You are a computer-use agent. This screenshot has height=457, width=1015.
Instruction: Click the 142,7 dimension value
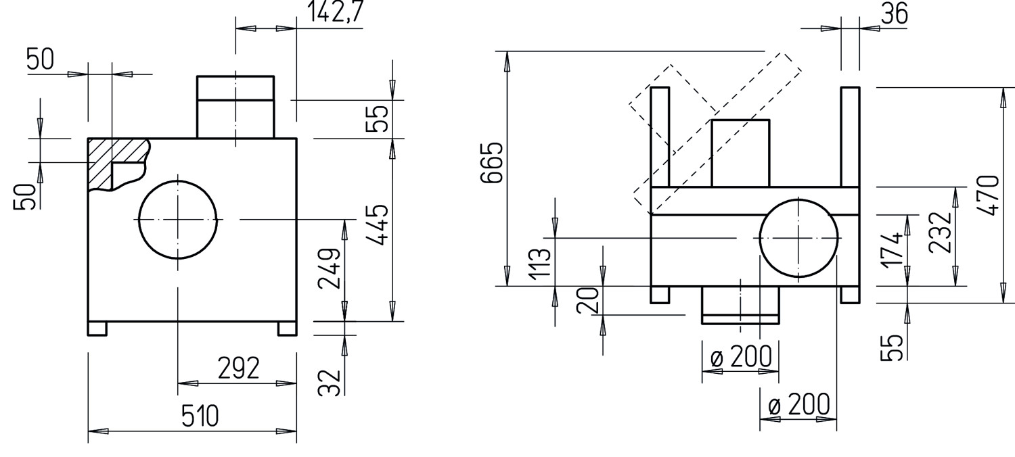click(336, 11)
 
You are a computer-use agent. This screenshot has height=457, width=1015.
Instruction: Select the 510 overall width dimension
click(200, 416)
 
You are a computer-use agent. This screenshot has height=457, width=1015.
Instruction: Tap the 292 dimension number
click(238, 368)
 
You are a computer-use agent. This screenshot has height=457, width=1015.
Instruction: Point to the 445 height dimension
click(377, 225)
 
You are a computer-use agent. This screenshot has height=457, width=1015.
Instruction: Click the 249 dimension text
click(329, 268)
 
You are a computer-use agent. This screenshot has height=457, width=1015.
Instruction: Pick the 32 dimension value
click(330, 383)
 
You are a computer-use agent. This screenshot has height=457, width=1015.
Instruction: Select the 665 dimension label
click(492, 163)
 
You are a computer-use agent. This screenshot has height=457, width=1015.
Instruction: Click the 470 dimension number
click(988, 195)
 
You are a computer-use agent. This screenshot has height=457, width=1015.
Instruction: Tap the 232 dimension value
click(940, 232)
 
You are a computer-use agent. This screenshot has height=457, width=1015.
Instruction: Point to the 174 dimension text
click(892, 251)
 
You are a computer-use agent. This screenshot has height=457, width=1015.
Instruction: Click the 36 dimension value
click(895, 14)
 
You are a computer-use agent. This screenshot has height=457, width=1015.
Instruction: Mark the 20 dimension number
click(588, 300)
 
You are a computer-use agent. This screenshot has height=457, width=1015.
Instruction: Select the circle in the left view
click(177, 181)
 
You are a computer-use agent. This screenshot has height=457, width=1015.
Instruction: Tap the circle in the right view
click(798, 198)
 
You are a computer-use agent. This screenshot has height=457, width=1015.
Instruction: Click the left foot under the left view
click(97, 329)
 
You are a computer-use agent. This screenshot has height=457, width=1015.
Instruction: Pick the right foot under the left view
click(288, 329)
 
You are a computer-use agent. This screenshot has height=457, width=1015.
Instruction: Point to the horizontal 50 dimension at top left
click(40, 59)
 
